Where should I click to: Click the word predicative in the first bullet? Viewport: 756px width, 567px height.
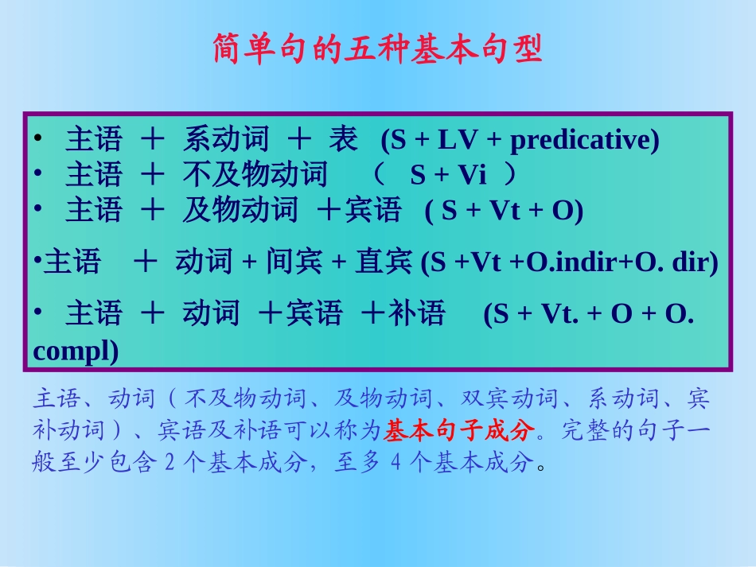(x=583, y=141)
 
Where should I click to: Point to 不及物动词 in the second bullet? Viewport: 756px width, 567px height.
(x=255, y=175)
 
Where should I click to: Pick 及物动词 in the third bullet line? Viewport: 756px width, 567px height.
(x=240, y=211)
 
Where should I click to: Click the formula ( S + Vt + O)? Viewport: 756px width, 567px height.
(x=504, y=212)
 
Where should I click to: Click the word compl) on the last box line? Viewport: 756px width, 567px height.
(x=76, y=350)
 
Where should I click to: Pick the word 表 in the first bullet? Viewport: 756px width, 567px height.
(x=343, y=141)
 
